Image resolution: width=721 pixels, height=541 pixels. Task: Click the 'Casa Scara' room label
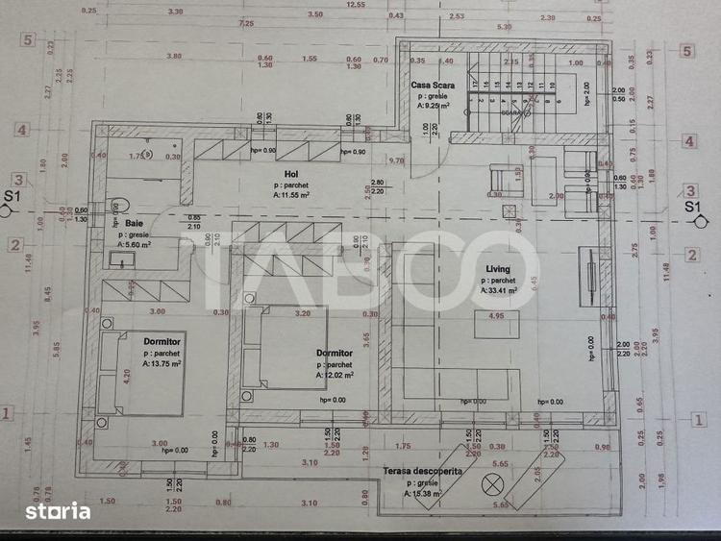[x=432, y=86]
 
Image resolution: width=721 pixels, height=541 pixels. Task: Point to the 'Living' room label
[x=497, y=269]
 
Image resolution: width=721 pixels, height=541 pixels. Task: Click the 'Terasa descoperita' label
[x=423, y=472]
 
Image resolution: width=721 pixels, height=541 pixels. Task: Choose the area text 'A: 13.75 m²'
[x=165, y=364]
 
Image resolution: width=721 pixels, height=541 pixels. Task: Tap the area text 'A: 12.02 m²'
[x=334, y=376]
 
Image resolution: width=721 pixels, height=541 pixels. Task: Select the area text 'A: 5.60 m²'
[x=135, y=244]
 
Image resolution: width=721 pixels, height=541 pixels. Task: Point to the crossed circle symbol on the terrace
[x=495, y=483]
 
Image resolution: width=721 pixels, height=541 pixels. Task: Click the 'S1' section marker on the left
[x=12, y=198]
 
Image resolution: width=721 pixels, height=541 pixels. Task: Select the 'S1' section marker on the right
[x=692, y=206]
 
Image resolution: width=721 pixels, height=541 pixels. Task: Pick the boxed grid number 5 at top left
[x=28, y=40]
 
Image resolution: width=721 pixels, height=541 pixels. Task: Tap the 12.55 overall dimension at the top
[x=356, y=5]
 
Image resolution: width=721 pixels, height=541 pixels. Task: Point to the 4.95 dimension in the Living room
[x=496, y=315]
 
